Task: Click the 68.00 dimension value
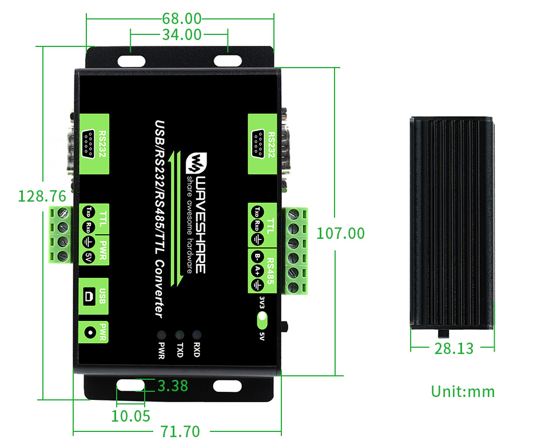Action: point(182,18)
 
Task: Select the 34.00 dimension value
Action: point(182,35)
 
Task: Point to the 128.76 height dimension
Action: point(42,196)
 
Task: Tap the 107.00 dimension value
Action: point(340,233)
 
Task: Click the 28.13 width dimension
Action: point(453,348)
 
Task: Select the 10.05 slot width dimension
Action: point(130,415)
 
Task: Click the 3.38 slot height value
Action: point(172,386)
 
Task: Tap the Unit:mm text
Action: point(463,392)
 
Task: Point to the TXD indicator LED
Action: point(179,334)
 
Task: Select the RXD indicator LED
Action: point(197,334)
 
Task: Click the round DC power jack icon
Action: point(89,332)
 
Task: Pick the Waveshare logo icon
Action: point(195,162)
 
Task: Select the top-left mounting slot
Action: point(132,60)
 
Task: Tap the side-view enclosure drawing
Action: point(452,222)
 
